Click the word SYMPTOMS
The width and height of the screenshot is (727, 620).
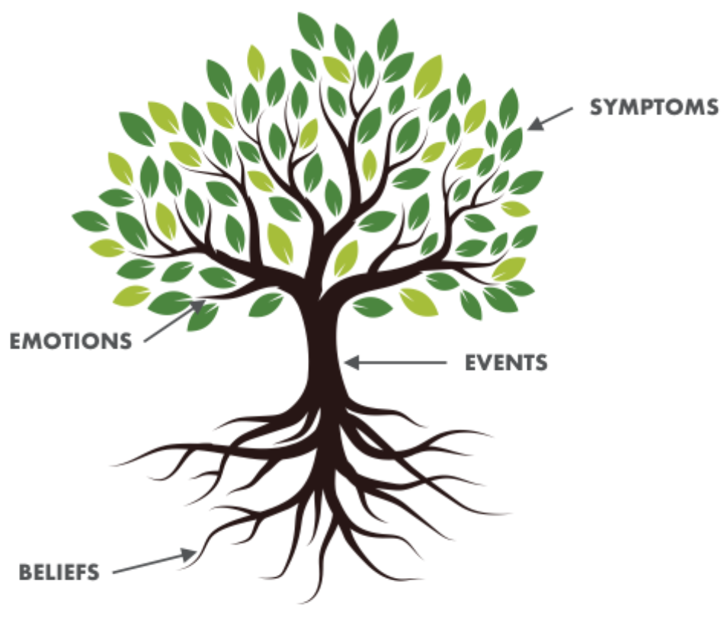(x=654, y=107)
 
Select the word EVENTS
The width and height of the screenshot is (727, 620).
(x=506, y=363)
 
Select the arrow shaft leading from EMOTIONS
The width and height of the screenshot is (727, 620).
(x=169, y=323)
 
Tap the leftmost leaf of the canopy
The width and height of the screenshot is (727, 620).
(x=90, y=221)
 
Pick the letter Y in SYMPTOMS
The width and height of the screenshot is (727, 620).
(x=612, y=107)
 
